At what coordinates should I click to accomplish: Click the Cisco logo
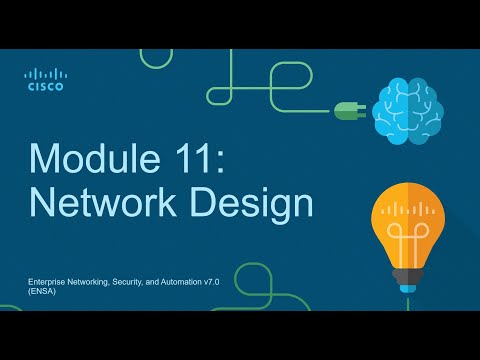46,80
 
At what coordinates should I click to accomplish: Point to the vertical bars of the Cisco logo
46,74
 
